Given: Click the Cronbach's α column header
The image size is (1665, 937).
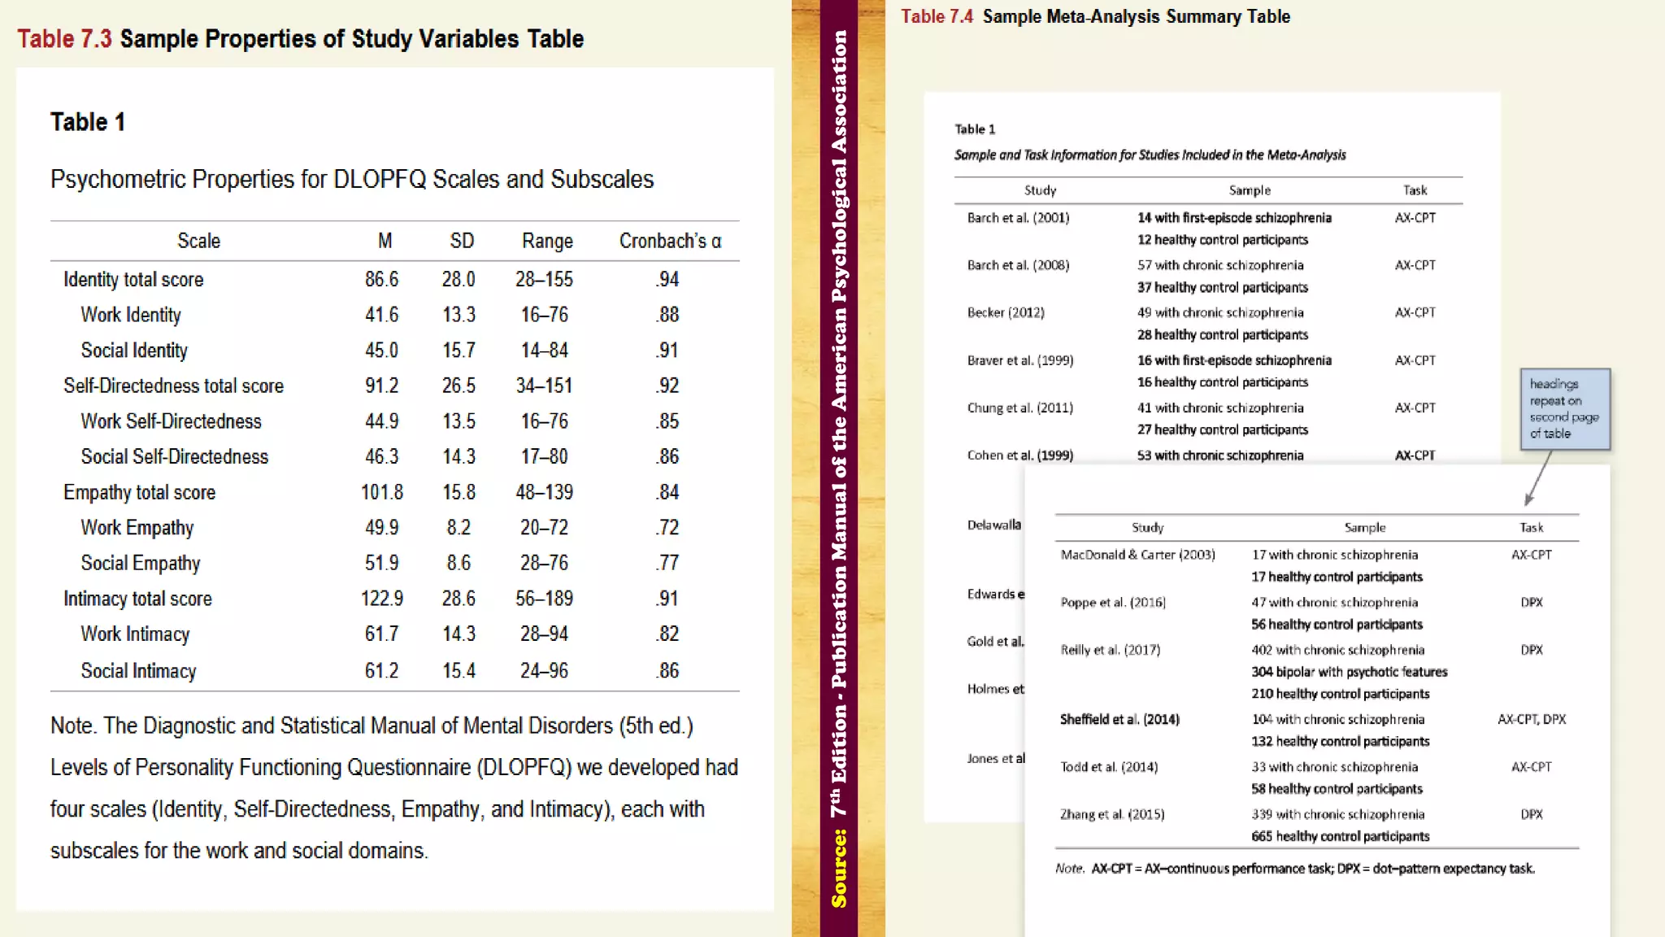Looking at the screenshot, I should tap(670, 241).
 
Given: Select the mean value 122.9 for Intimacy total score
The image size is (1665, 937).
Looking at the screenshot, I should tap(381, 599).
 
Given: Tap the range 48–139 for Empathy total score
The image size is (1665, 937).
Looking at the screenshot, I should tap(544, 492).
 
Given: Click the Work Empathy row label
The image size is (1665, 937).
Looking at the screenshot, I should tap(137, 528).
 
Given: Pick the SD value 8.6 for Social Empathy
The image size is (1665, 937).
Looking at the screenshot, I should tap(459, 563).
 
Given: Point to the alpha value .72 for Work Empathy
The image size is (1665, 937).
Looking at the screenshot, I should tap(667, 528).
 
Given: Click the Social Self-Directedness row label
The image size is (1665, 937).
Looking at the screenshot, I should tap(174, 456).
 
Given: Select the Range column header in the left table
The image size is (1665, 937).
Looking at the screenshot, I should tap(547, 241).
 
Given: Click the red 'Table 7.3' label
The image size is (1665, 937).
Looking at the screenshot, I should tap(64, 38).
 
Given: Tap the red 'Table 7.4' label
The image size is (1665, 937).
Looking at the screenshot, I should tap(937, 16).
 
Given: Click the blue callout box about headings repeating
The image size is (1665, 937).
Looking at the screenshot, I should tap(1564, 408).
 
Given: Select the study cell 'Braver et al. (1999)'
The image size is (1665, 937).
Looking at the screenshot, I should tap(1019, 360).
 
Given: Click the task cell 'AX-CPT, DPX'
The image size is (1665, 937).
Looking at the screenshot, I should tap(1531, 719).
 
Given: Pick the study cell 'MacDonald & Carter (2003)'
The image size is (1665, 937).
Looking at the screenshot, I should tap(1137, 555).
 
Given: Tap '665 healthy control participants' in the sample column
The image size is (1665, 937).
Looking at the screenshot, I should tap(1340, 836).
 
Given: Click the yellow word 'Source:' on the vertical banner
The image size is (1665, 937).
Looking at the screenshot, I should tap(839, 868).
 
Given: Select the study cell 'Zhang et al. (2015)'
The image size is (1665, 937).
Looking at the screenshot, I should tap(1111, 814).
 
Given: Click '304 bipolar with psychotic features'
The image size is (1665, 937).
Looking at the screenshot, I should tap(1349, 672).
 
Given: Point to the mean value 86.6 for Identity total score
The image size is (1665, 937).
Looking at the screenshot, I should tap(381, 280).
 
